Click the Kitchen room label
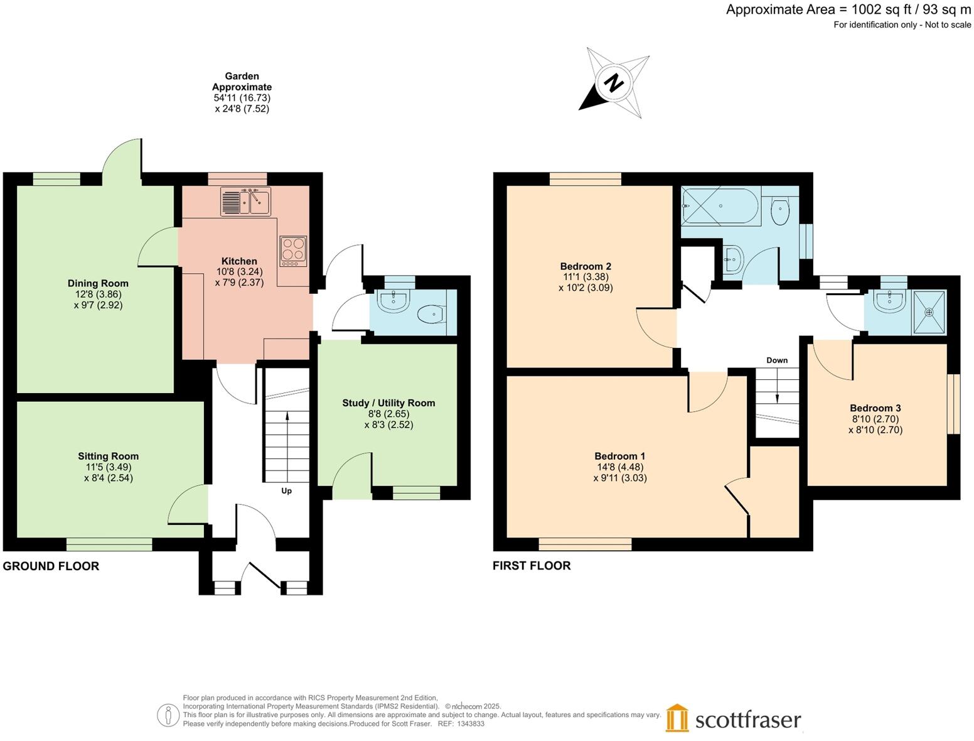tap(239, 261)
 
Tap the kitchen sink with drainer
tap(245, 202)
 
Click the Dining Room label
tap(98, 283)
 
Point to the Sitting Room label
tap(109, 457)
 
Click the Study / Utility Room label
tap(388, 403)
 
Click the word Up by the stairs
tap(286, 491)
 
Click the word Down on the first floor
tap(777, 360)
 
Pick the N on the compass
tap(614, 83)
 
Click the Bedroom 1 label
tap(620, 457)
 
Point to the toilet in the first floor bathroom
tap(779, 212)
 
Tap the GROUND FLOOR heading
tap(51, 566)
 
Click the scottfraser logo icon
tap(677, 718)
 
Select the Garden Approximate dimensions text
tap(242, 92)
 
